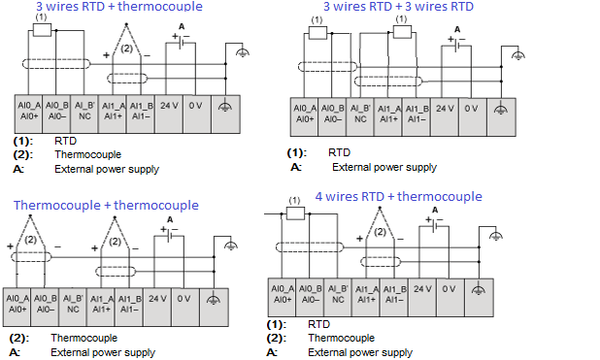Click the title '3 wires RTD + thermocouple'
119,6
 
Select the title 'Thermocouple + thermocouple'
106,205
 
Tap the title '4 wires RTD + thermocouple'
398,196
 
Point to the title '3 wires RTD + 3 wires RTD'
398,6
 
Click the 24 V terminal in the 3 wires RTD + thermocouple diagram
169,115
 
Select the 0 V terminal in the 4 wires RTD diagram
450,297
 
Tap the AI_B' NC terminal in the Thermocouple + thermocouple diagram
73,308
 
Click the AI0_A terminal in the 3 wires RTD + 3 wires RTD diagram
305,117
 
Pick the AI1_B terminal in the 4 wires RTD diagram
394,297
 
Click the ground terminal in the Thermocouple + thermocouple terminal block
214,308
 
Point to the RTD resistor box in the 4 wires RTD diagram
295,213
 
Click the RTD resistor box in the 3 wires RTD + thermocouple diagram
42,30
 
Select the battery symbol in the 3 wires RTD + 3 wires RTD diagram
456,44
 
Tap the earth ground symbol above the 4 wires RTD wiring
496,236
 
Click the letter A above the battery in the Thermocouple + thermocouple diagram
170,219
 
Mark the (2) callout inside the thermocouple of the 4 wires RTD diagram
380,232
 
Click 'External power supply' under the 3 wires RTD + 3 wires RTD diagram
384,167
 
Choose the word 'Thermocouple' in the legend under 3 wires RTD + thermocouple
87,154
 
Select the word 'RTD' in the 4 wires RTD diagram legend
318,324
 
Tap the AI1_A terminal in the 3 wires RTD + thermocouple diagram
113,115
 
